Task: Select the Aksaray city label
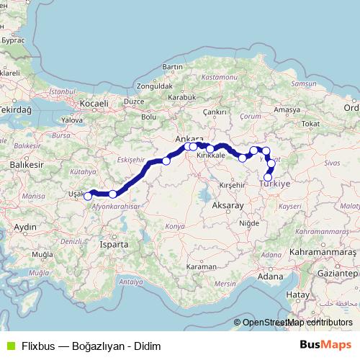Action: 229,206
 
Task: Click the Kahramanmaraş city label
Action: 322,253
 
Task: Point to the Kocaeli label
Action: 93,104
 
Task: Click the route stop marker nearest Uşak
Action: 88,196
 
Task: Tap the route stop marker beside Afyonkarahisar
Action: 113,194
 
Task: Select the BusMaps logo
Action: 323,345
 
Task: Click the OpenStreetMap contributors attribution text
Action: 297,323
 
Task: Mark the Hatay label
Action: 297,294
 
